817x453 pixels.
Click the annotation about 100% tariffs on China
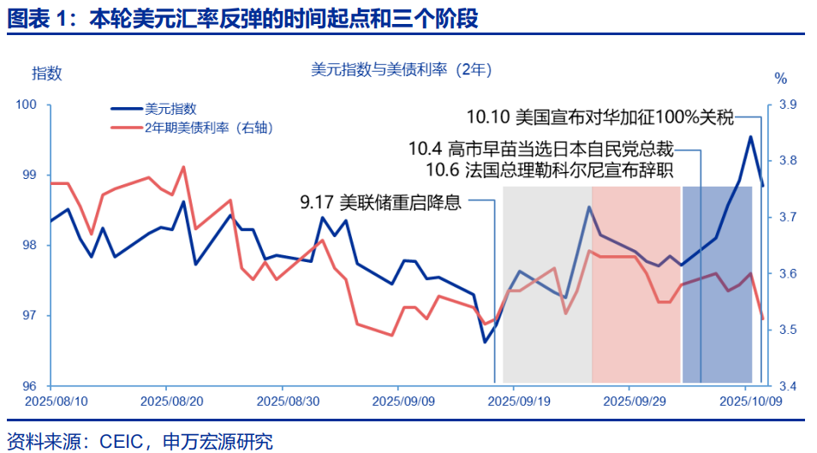point(600,117)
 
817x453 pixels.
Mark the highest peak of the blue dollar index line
point(750,136)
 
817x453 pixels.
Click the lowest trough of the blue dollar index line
point(485,342)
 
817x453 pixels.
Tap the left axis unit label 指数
point(47,73)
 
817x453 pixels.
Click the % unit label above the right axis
point(780,79)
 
